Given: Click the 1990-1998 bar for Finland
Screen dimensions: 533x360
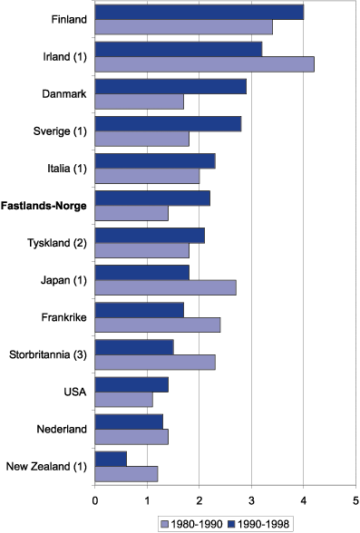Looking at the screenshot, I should [x=199, y=12].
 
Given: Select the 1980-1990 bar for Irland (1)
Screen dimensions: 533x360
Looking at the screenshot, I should [x=204, y=63].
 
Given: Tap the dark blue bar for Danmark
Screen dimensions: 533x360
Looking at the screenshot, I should [x=170, y=86].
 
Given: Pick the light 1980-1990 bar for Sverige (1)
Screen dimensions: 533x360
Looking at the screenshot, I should [x=141, y=139].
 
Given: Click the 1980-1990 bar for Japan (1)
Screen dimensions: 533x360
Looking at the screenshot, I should [x=165, y=287].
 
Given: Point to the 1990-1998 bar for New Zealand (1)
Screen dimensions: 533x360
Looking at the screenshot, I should [x=111, y=459].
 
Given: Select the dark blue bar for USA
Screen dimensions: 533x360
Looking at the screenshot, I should [x=131, y=384].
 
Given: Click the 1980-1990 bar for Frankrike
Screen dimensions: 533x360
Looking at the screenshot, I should [x=157, y=325].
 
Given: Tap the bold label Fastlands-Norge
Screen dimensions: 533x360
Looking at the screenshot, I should [x=44, y=206].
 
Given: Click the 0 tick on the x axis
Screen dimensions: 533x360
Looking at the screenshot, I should [x=94, y=497].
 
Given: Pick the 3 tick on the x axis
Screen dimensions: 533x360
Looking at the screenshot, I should [x=251, y=497].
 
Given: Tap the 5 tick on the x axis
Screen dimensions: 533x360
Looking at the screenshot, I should [x=355, y=497].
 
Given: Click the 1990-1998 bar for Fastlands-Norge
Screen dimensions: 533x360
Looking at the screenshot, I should [x=151, y=198].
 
